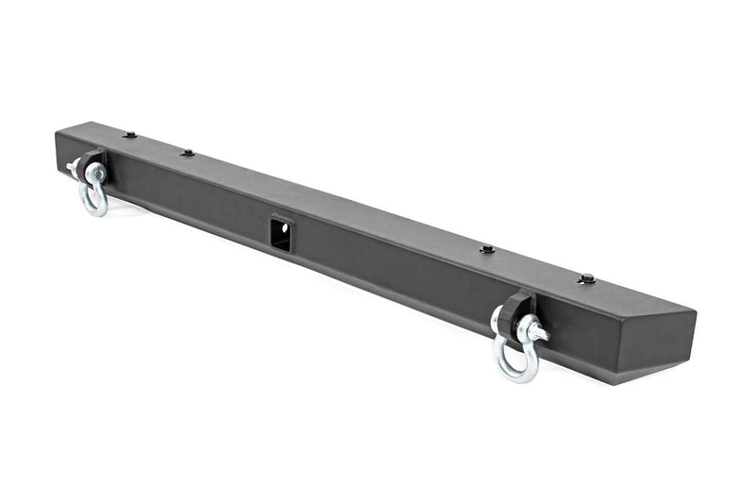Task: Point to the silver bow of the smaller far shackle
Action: (x=94, y=201)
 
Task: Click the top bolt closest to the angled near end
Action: (x=587, y=278)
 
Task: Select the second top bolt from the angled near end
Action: (x=487, y=249)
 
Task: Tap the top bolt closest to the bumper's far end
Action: (x=129, y=135)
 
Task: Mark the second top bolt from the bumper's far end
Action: (x=188, y=152)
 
